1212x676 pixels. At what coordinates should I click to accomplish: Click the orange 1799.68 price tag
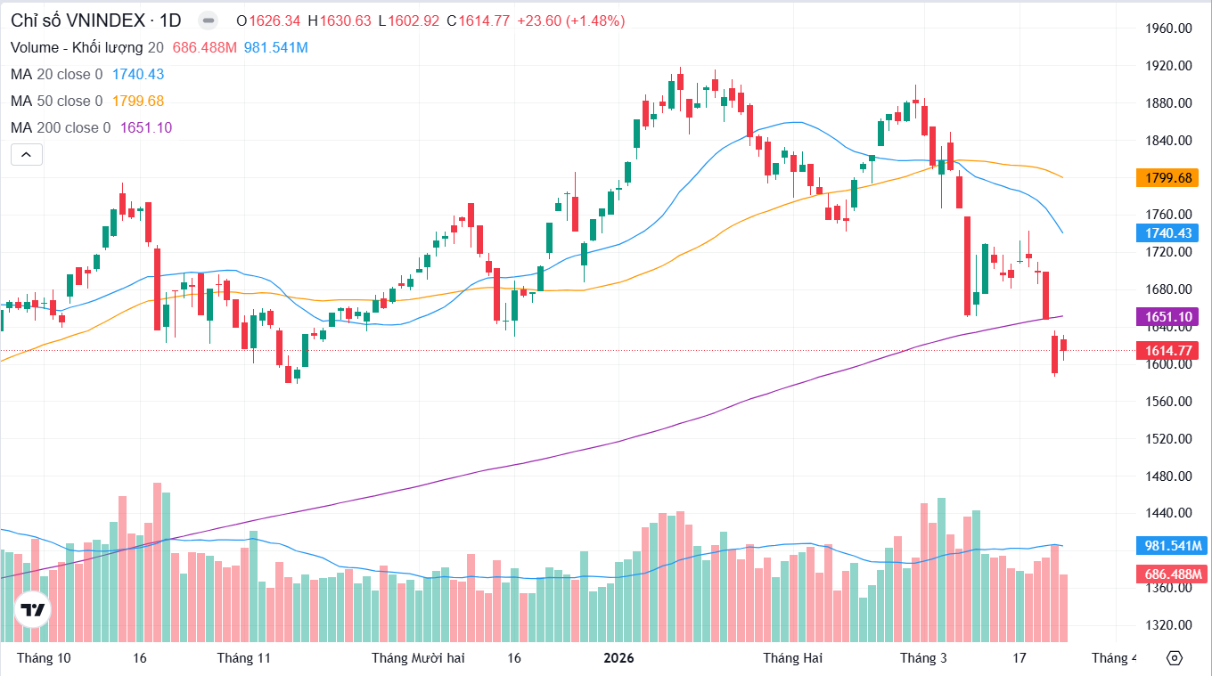pos(1167,178)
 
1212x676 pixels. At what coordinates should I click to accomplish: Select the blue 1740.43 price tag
pos(1167,233)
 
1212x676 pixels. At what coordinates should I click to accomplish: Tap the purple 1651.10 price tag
pos(1167,317)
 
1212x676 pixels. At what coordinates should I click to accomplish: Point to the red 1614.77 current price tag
pos(1167,351)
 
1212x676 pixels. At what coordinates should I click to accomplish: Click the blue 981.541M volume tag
pos(1171,546)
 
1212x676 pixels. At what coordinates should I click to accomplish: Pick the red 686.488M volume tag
pos(1171,574)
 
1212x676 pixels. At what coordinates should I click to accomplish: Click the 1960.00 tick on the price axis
pos(1168,29)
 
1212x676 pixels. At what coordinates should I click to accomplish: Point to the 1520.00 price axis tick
pos(1168,438)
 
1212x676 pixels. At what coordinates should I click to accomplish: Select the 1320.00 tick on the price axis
pos(1168,624)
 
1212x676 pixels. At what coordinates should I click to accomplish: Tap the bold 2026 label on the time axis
pos(618,658)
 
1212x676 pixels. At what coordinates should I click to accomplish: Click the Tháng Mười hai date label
pos(418,658)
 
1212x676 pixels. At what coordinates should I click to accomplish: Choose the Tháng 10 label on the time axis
pos(44,658)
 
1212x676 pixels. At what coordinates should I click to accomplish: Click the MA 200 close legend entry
pos(61,128)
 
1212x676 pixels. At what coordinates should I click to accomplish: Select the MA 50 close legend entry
pos(56,102)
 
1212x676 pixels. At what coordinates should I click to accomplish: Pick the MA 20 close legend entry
pos(56,75)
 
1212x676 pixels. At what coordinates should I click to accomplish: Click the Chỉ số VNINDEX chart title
pos(95,20)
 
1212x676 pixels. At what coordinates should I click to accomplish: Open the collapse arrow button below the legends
pos(26,155)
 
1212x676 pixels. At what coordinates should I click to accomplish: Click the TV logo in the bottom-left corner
pos(33,610)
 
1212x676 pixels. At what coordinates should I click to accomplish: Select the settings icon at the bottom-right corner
pos(1174,658)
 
